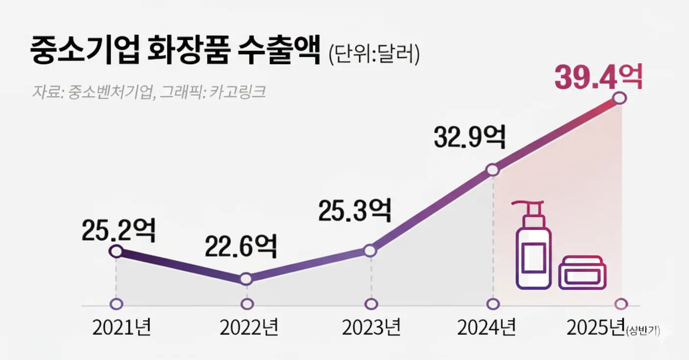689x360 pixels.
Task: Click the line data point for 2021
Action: [116, 251]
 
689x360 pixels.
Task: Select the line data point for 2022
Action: [247, 279]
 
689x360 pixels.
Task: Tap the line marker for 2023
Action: [371, 251]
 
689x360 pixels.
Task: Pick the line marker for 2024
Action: [493, 170]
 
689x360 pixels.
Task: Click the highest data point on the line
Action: [620, 98]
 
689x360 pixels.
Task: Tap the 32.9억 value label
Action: [469, 138]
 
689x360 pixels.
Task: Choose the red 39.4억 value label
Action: [598, 77]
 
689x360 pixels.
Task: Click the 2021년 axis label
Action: [122, 328]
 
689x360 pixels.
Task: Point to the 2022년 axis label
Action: [249, 328]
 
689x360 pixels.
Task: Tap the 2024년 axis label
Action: [487, 328]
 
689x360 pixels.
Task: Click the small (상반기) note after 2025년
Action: [643, 331]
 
